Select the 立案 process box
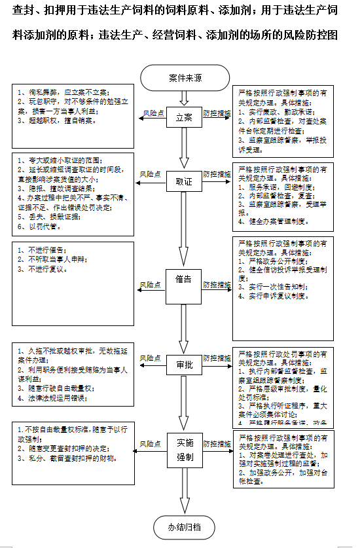[x=184, y=118]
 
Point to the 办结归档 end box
[x=185, y=526]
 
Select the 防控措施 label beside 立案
[x=216, y=113]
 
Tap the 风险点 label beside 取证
[x=151, y=174]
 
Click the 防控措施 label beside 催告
[x=216, y=284]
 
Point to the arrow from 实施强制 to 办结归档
[x=185, y=492]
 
